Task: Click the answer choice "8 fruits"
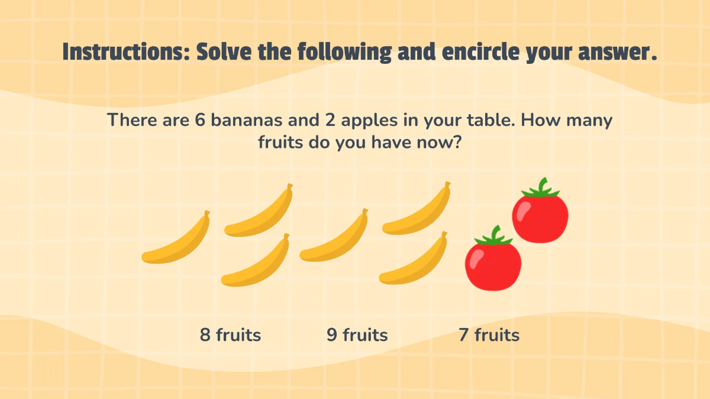(x=230, y=335)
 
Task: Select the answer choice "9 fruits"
(x=357, y=335)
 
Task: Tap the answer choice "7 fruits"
(x=489, y=335)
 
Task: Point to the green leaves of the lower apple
(x=492, y=236)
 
